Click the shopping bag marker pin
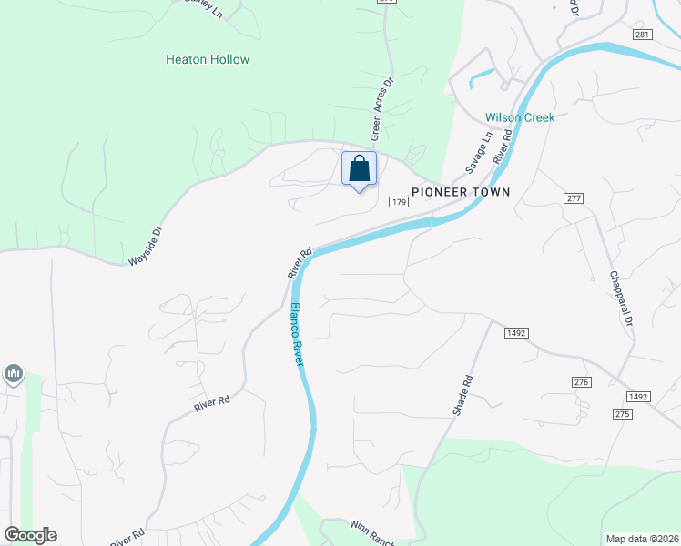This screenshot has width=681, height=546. point(359,169)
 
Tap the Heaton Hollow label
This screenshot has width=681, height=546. point(208,59)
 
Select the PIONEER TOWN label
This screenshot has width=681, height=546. point(461,192)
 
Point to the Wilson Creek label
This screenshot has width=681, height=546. point(519,117)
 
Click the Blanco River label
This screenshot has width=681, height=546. point(297,334)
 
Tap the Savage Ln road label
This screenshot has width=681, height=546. point(478,153)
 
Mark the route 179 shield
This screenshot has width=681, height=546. point(398,201)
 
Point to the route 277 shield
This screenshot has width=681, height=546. point(573,197)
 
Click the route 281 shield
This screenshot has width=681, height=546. point(643,35)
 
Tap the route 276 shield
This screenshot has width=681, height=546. point(582,382)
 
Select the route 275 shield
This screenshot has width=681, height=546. point(623,414)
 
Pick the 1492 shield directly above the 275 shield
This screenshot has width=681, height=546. point(637,397)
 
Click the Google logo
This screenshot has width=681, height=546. point(30,535)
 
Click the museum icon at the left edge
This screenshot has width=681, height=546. point(14,373)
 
